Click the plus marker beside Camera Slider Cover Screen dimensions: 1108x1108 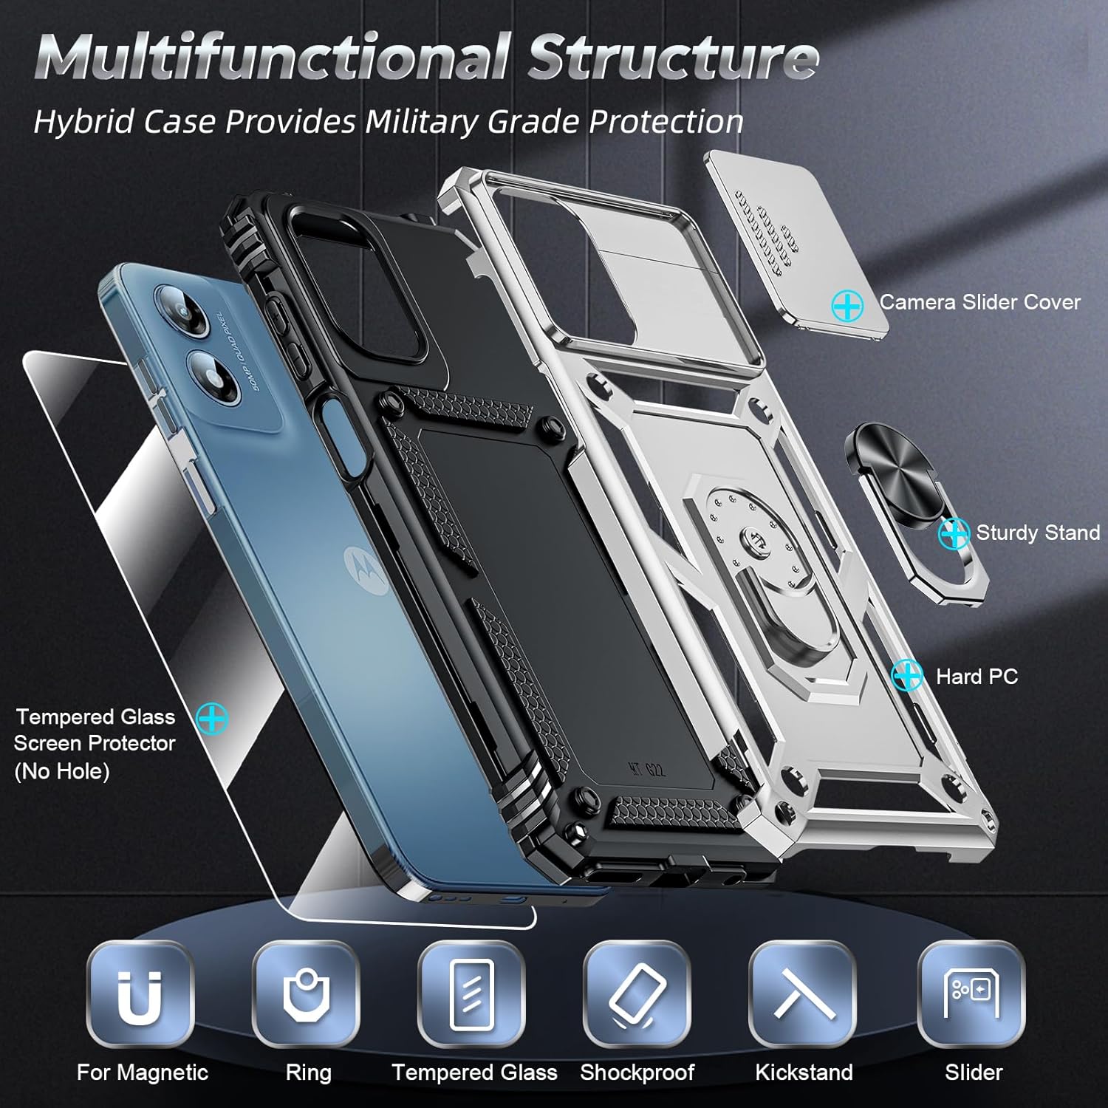847,305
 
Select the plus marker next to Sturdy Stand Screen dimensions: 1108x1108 954,533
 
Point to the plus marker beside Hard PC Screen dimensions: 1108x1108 907,676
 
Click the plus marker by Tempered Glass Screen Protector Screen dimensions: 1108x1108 213,717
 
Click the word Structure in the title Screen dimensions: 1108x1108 672,58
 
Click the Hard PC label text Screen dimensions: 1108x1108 977,677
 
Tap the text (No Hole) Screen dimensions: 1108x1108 62,772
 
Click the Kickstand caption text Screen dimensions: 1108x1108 804,1073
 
